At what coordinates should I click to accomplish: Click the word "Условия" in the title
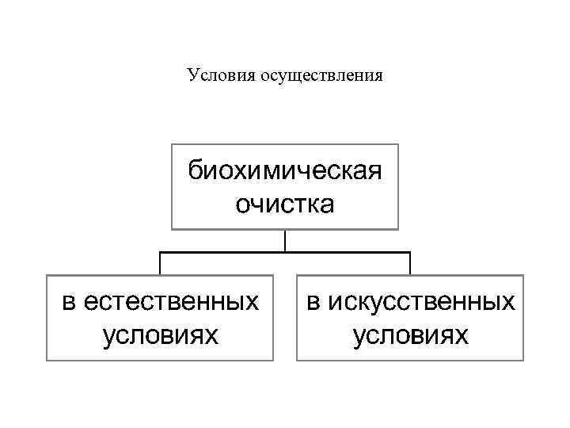215,75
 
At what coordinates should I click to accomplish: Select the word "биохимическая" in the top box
284,170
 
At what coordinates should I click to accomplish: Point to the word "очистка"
284,204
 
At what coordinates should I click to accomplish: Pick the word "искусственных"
421,302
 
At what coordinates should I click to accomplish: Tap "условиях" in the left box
160,336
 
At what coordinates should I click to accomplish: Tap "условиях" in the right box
410,336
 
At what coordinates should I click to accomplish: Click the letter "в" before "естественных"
70,302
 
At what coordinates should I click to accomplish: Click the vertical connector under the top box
285,240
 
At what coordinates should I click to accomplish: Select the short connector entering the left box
161,264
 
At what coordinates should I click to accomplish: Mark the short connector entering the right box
410,264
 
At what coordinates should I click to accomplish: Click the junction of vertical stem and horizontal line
285,253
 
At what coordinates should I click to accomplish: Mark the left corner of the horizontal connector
161,253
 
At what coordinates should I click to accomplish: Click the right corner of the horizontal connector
410,253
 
